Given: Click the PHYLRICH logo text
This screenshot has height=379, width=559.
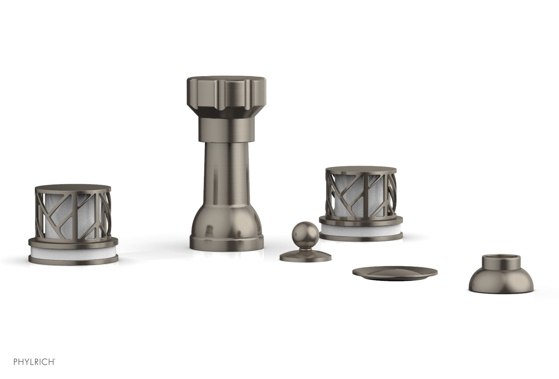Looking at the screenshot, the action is (34, 362).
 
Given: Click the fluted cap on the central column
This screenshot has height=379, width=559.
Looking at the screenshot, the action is (226, 96).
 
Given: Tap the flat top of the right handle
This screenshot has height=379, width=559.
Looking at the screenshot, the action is (361, 170).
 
